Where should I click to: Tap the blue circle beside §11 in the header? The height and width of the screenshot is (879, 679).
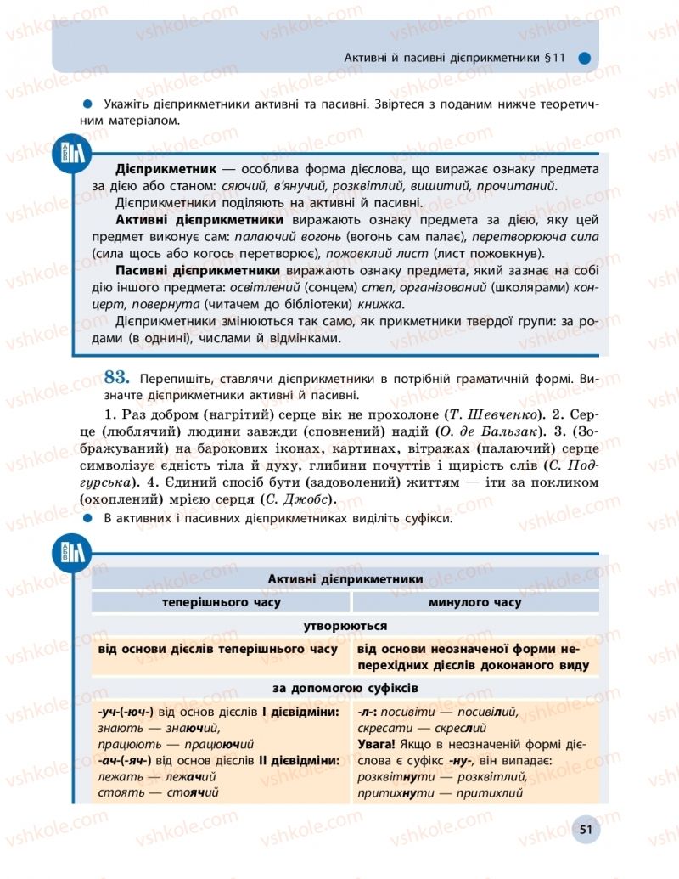point(583,59)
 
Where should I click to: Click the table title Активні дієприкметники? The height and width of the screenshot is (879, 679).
point(345,578)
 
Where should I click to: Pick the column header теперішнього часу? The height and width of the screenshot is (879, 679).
point(222,602)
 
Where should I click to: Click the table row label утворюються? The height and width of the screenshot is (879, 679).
point(345,626)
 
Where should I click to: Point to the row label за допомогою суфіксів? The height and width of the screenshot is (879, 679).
point(345,688)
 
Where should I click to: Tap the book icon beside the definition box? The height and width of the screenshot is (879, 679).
point(71,152)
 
